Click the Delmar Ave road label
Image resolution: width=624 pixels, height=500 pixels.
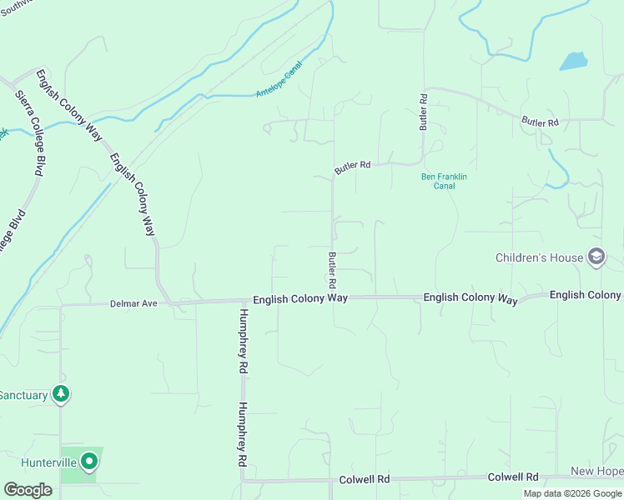coord(133,304)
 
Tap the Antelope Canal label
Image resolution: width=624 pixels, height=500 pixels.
coord(279,84)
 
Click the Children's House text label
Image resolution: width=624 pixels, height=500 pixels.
coord(540,257)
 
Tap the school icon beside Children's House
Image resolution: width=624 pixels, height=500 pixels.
coord(596,257)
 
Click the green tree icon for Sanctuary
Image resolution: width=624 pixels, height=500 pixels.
coord(60,393)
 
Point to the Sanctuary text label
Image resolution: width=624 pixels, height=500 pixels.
coord(23,395)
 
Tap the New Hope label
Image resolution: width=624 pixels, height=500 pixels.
coord(596,472)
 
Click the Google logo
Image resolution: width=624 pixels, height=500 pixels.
coord(28,490)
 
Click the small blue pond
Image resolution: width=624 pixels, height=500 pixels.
coord(573,61)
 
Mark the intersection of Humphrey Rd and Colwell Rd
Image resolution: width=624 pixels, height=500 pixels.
coord(242,480)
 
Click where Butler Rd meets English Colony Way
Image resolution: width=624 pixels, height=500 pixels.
coord(333,297)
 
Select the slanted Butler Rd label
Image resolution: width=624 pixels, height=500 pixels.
coord(352,167)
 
